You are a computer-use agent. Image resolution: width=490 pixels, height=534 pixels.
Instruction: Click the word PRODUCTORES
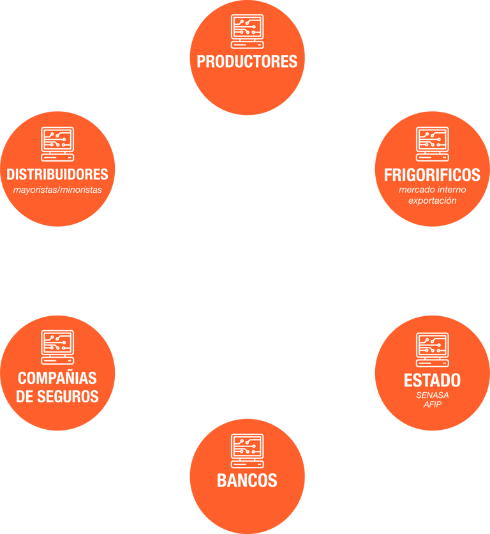(x=247, y=61)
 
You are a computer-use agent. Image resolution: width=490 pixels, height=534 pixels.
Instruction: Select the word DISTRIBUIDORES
(x=57, y=174)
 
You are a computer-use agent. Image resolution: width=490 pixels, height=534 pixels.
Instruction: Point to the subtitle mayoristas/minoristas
(x=57, y=189)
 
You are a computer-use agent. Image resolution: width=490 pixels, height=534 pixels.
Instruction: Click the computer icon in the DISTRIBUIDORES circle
(x=57, y=144)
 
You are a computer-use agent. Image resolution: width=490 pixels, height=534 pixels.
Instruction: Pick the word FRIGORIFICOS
(x=432, y=174)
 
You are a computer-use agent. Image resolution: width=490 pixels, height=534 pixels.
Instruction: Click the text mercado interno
(x=433, y=190)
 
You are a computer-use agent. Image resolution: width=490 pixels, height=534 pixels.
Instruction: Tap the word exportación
(x=433, y=201)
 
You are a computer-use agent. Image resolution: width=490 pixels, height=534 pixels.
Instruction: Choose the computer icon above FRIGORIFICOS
(x=433, y=144)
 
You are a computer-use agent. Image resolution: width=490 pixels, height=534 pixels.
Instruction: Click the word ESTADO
(x=432, y=380)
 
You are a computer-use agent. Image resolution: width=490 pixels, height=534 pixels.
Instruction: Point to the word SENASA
(x=433, y=395)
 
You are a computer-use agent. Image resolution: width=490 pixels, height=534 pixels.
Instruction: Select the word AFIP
(x=433, y=404)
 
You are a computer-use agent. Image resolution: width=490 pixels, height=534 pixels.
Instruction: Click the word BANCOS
(x=247, y=480)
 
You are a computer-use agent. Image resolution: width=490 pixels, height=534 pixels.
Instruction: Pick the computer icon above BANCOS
(x=247, y=450)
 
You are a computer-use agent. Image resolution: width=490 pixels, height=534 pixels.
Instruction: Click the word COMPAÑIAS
(x=57, y=378)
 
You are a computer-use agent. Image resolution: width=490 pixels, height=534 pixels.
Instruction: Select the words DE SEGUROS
(x=57, y=396)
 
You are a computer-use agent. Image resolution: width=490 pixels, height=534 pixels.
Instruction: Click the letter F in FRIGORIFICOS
(x=388, y=174)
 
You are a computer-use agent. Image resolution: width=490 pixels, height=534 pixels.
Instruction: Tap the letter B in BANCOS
(x=221, y=480)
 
